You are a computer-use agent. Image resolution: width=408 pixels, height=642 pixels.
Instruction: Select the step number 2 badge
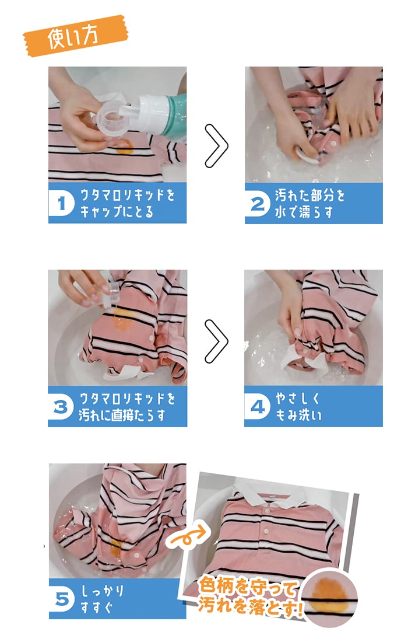pos(257,203)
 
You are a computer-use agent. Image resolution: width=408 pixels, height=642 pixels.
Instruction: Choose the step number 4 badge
pos(257,406)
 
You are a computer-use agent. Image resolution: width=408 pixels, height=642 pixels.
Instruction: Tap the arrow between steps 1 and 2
pos(216,146)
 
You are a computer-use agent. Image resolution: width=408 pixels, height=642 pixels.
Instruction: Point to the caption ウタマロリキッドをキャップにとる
pos(127,203)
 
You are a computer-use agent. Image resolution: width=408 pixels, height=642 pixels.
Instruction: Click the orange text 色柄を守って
pos(249,584)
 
